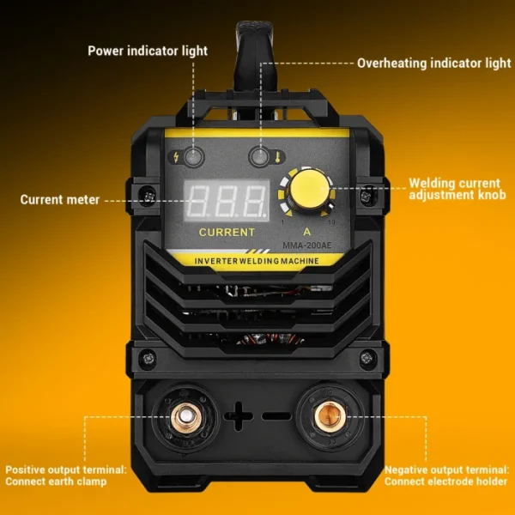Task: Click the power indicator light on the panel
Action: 196,157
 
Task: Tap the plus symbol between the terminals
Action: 239,418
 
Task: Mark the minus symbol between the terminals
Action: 276,418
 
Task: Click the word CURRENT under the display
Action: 227,232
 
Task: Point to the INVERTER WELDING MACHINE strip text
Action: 257,260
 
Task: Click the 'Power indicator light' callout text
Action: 148,51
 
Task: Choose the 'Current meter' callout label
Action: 60,200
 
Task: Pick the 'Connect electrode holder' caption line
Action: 446,482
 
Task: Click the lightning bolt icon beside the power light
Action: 178,157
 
